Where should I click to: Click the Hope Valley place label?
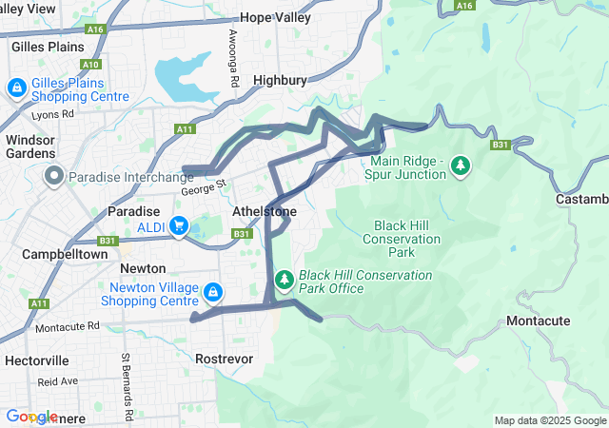276,17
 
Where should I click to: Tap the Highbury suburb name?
281,82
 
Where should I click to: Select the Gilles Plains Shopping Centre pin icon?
17,88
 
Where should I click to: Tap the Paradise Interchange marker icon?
54,176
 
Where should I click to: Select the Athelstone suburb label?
265,211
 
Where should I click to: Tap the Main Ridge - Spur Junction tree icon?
461,166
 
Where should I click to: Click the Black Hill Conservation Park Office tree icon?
284,281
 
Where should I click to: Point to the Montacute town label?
539,321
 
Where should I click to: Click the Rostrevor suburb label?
222,359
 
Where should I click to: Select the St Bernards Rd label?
125,385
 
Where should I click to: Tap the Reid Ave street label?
58,380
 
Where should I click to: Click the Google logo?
30,417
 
